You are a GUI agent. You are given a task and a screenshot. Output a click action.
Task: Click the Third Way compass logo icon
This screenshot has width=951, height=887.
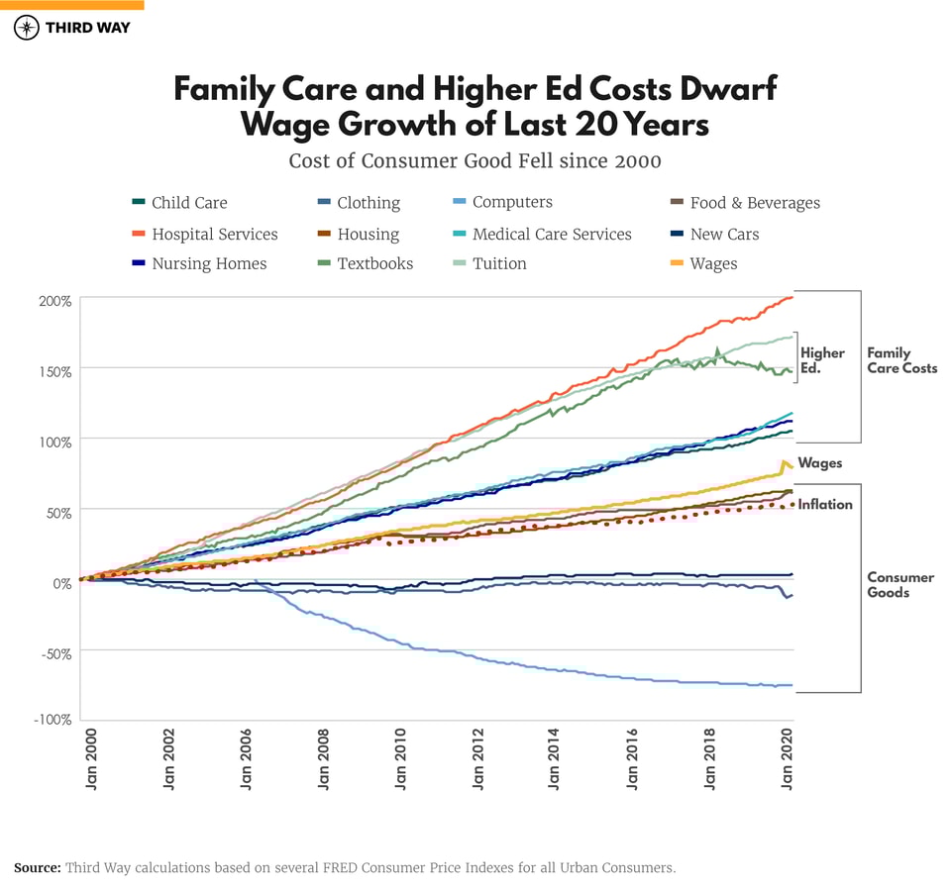click(27, 28)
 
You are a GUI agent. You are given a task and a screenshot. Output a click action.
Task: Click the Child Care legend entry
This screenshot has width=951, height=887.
click(188, 203)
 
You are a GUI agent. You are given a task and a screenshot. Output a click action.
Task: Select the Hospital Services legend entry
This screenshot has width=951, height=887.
click(214, 235)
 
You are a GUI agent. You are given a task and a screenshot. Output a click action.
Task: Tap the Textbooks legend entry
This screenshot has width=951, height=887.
click(374, 264)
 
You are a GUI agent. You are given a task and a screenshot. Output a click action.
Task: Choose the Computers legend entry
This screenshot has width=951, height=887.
click(511, 203)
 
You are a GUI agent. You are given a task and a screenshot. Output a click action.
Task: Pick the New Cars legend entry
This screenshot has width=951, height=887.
click(724, 235)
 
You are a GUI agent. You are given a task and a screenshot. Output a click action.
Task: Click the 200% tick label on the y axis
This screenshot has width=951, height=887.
click(53, 301)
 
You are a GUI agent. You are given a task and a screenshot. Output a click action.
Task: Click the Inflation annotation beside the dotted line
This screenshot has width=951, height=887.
click(825, 505)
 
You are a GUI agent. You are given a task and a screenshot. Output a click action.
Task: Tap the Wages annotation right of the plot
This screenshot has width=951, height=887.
click(820, 463)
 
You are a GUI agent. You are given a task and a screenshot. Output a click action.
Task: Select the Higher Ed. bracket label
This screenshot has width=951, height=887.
click(822, 360)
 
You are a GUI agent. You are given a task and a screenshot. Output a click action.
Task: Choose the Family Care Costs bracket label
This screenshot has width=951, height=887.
click(901, 360)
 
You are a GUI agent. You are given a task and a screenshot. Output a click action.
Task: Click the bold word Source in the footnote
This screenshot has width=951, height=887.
click(38, 867)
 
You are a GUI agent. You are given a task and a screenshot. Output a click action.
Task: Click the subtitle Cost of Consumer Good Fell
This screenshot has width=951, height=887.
click(475, 160)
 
